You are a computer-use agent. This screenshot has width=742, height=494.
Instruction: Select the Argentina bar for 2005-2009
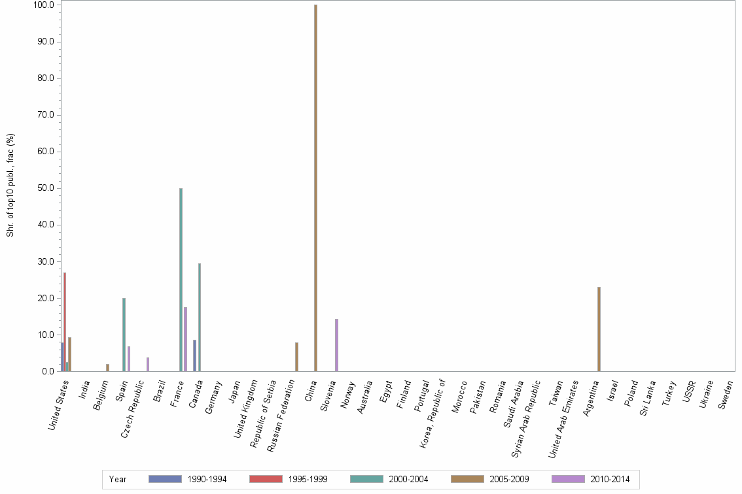tap(599, 329)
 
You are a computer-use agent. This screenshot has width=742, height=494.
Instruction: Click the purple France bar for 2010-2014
tap(186, 339)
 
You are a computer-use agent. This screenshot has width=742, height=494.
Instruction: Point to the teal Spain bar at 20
tap(124, 335)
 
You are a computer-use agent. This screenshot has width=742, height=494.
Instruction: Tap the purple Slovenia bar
tap(336, 345)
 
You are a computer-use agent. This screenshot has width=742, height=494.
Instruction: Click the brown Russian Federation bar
tap(296, 357)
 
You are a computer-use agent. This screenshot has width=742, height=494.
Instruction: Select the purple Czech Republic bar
tap(148, 364)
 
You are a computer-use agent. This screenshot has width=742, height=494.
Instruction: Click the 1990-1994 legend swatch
tap(165, 479)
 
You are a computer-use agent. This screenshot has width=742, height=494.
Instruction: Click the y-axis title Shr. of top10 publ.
tap(11, 185)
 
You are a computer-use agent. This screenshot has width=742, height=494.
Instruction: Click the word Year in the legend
tap(118, 479)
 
